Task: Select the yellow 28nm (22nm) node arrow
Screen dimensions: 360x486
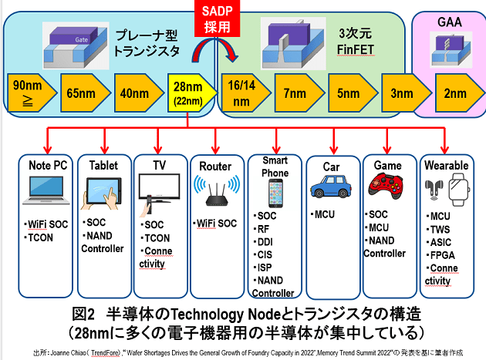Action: pos(189,94)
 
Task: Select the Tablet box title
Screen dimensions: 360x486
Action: pos(103,166)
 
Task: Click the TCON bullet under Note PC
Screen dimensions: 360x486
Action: pos(42,237)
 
